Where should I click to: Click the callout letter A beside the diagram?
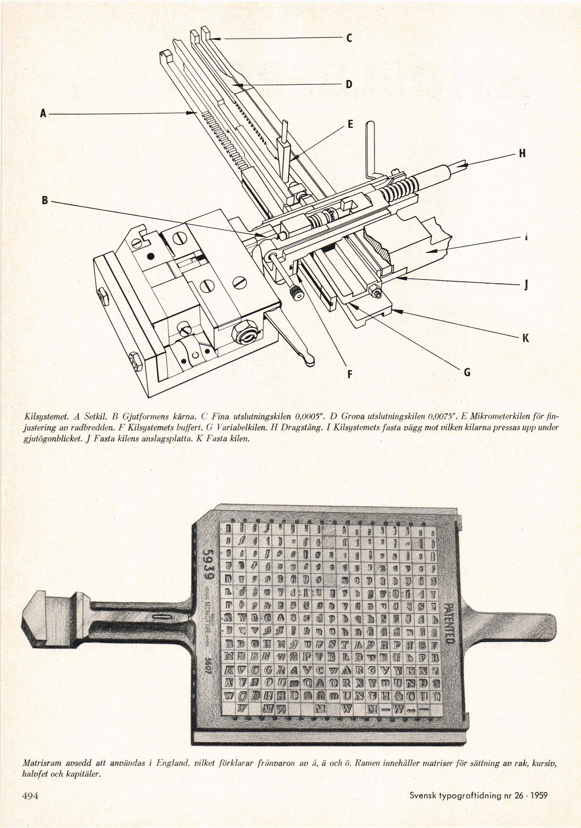coord(43,113)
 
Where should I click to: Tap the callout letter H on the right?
coord(521,154)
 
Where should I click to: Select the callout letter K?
coord(526,339)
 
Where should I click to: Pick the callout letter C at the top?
coord(349,39)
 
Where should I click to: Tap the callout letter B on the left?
coord(45,200)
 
